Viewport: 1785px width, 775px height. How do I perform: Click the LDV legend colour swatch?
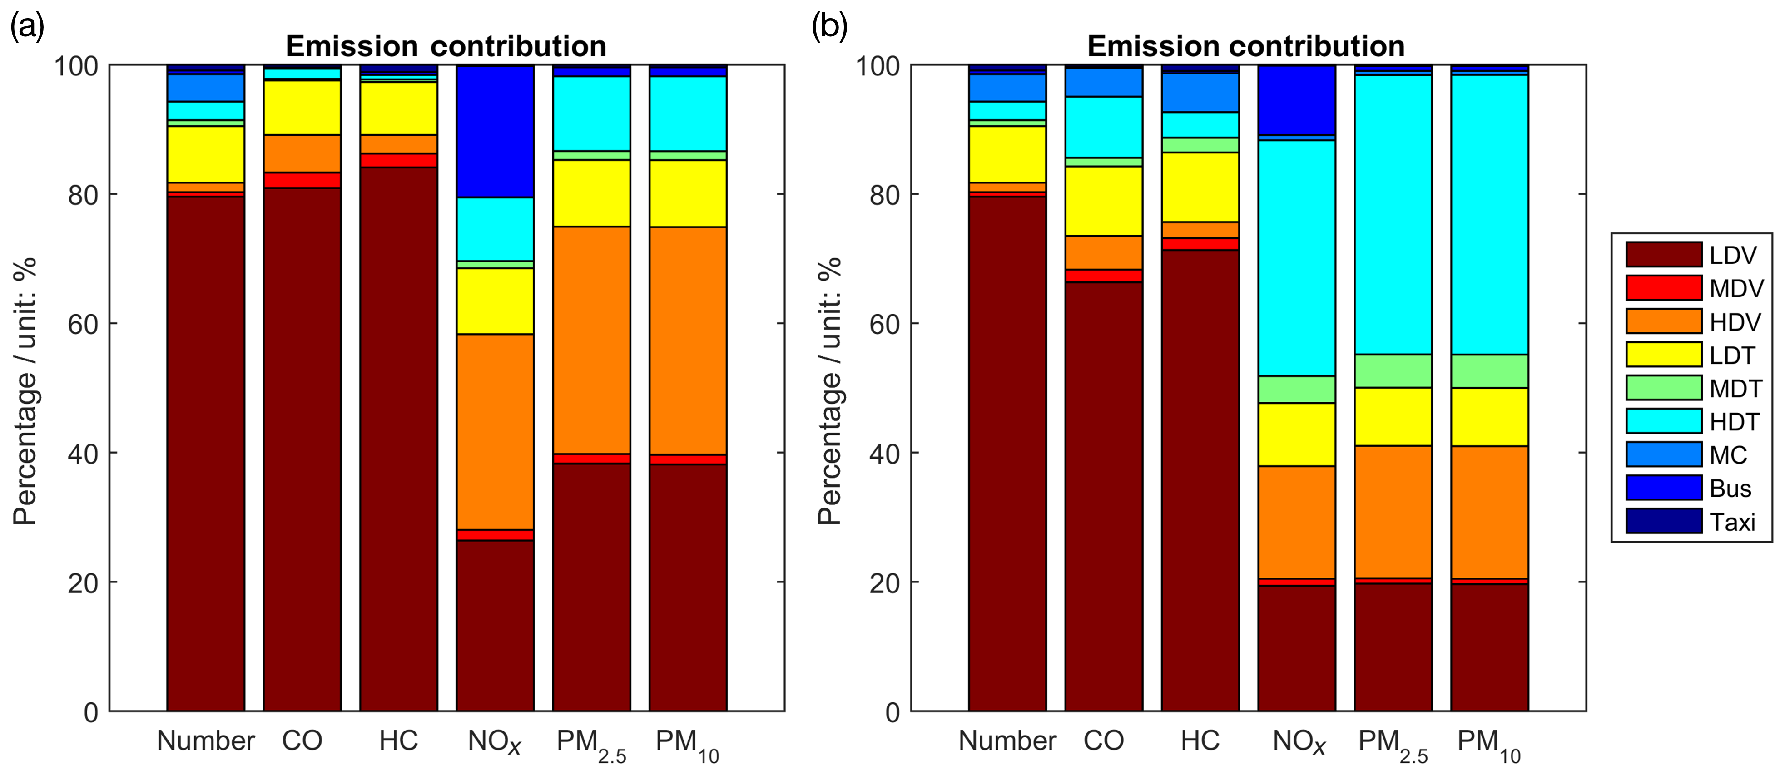(1663, 254)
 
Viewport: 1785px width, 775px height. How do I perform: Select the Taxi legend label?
(1732, 522)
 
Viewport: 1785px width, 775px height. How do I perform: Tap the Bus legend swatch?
(1663, 488)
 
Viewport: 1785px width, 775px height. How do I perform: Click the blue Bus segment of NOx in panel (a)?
(495, 132)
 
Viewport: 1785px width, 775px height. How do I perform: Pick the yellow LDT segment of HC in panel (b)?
(1200, 187)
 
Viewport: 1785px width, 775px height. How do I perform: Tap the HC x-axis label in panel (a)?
(398, 740)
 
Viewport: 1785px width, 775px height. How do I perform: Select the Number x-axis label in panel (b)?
(1007, 740)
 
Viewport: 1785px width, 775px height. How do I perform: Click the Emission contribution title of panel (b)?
(1245, 46)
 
